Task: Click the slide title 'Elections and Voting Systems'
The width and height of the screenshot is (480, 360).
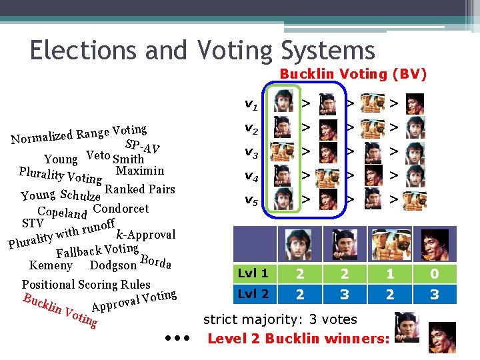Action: (202, 50)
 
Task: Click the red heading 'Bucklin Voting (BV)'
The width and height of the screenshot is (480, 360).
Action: (353, 74)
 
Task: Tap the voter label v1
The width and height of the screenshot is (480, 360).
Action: (251, 104)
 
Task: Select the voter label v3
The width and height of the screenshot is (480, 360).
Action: (251, 152)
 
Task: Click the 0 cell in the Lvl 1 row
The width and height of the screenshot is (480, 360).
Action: (435, 274)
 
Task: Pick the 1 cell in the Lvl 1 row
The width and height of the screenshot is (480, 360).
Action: (390, 274)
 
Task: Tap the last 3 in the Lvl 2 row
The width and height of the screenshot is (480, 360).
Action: (435, 294)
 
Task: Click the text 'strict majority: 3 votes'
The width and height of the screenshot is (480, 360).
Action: (280, 319)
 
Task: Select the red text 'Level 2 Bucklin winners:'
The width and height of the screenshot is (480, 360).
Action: (299, 339)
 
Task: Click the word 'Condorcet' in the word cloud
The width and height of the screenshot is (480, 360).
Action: (121, 208)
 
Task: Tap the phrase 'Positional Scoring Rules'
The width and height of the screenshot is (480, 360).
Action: (86, 284)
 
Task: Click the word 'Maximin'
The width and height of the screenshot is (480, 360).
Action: (139, 170)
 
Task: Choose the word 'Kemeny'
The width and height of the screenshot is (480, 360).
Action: (51, 265)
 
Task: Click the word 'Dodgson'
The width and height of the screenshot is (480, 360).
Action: (113, 265)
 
